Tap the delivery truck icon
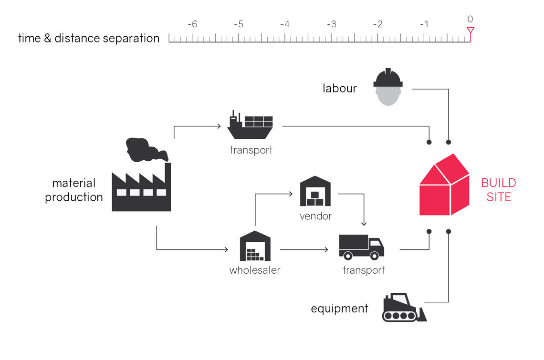pyautogui.click(x=361, y=247)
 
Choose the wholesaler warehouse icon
pyautogui.click(x=255, y=246)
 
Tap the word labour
pyautogui.click(x=339, y=88)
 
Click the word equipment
pyautogui.click(x=339, y=309)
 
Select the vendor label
pyautogui.click(x=315, y=216)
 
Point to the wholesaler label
pyautogui.click(x=254, y=270)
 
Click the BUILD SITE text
pyautogui.click(x=498, y=190)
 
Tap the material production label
pyautogui.click(x=74, y=190)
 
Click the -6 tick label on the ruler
pyautogui.click(x=192, y=24)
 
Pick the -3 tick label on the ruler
pyautogui.click(x=332, y=24)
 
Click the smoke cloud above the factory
pyautogui.click(x=146, y=149)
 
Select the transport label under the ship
pyautogui.click(x=251, y=150)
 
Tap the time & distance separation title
pyautogui.click(x=89, y=39)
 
